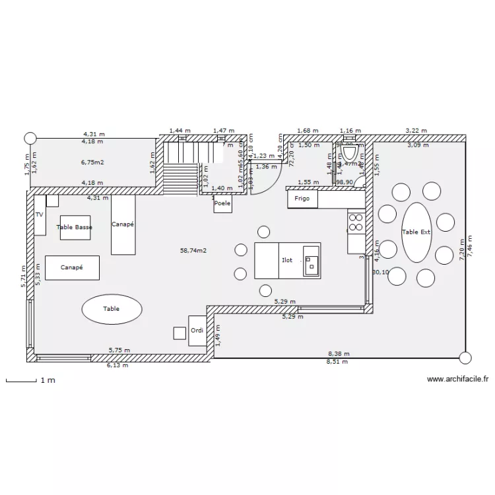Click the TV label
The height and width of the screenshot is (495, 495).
coord(39,215)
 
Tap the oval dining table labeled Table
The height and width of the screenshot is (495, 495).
coord(112,308)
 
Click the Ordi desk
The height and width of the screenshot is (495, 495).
coord(197,330)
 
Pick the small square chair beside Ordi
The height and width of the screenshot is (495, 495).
coord(180,333)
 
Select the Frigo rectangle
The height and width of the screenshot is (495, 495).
coord(302,199)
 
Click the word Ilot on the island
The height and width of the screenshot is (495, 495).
coord(287,261)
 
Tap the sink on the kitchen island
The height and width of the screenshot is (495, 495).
coord(311,261)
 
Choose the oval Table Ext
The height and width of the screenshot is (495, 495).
coord(416,232)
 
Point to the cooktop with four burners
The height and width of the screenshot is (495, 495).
coord(356,222)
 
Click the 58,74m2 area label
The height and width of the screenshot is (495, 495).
coord(193,251)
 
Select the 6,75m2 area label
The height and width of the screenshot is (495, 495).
coord(93,162)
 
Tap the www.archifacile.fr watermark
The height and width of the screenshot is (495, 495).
coord(457,379)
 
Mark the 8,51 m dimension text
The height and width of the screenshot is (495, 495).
coord(337,362)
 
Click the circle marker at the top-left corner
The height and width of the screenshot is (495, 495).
coord(29,138)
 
